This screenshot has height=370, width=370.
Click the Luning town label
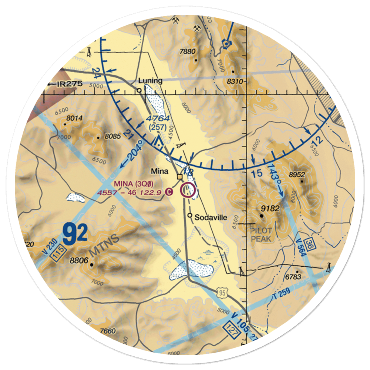[x=150, y=81]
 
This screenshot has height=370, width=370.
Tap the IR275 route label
[x=66, y=84]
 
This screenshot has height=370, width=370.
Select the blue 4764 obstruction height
[x=158, y=119]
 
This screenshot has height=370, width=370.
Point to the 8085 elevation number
[x=112, y=137]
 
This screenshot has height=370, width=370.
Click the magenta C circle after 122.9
[x=168, y=192]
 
